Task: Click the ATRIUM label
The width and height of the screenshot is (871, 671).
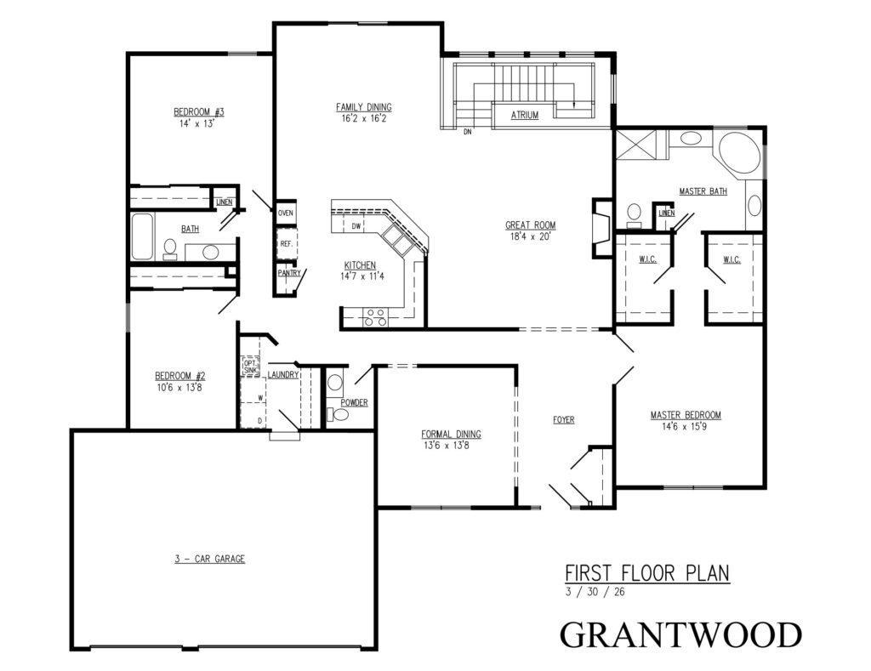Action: pos(524,115)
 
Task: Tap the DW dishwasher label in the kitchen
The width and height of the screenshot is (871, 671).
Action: pos(356,226)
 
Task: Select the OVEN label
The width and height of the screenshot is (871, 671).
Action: pos(286,213)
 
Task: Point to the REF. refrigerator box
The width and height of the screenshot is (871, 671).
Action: pos(287,243)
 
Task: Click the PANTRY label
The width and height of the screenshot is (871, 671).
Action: pos(289,273)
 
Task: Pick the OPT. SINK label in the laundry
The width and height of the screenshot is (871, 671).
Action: pos(251,366)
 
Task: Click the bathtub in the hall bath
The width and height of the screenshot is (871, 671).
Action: pos(142,236)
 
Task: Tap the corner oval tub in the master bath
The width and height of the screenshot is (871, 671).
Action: pos(739,154)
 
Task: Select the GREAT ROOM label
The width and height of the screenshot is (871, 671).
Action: pos(531,225)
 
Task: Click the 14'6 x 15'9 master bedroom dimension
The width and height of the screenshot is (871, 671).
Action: pos(685,427)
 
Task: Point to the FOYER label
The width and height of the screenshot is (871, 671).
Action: pos(564,420)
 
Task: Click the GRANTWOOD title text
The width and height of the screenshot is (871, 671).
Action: pos(681,635)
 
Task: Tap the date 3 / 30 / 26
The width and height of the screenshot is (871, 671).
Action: pos(595,592)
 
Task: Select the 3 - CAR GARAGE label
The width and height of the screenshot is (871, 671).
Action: pos(210,559)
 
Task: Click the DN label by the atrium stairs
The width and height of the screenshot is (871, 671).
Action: pos(468,132)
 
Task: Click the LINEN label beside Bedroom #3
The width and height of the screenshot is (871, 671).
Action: pos(225,202)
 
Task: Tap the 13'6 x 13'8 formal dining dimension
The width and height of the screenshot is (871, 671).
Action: pos(446,445)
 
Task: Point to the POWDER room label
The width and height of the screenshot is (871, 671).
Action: pos(355,402)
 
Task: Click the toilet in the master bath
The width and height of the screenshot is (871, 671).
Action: pos(634,215)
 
